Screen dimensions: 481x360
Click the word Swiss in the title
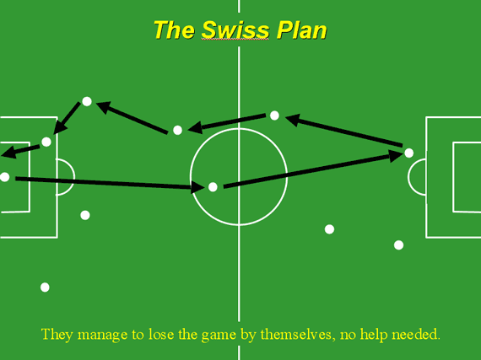pos(235,30)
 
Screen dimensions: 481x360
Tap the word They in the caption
pos(53,334)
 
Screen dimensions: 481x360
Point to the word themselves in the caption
pos(295,334)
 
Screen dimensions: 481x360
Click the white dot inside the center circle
pos(213,187)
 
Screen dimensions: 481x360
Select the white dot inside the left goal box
pos(4,177)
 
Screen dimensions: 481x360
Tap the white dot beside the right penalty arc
pos(409,153)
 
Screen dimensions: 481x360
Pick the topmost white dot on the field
pos(87,101)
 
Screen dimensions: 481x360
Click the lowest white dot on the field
pos(45,287)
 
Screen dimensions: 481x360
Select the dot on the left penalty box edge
pos(46,142)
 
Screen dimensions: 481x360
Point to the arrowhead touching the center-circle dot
pos(197,186)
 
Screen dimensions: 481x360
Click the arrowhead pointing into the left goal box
pos(8,153)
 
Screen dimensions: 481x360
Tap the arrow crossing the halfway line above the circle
pos(227,123)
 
